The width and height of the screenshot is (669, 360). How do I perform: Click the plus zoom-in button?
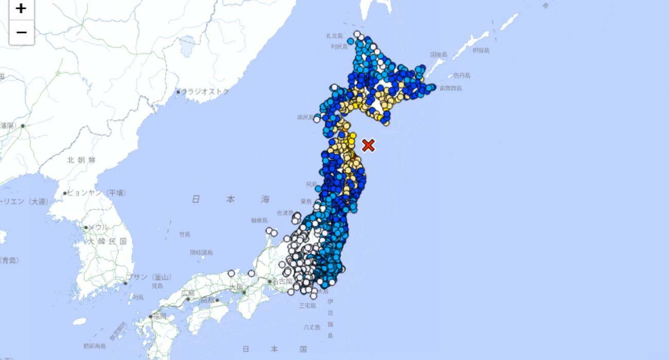coord(21,9)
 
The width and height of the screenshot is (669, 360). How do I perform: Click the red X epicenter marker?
coord(368,146)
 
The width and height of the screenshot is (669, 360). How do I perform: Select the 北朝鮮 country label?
coord(81,160)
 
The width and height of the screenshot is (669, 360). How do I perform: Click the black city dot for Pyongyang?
coord(65,193)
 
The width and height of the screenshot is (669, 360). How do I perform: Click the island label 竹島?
coord(185,235)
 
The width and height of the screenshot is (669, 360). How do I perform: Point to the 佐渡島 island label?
coord(285,212)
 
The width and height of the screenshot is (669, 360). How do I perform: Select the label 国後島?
coord(438,54)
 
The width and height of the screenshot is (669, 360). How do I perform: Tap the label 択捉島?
coord(481,50)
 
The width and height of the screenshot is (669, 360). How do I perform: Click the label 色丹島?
coord(462,76)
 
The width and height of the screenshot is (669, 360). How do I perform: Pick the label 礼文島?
coord(334,35)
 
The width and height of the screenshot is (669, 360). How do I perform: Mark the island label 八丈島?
coord(312,327)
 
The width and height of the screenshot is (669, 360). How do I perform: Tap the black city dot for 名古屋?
coord(269,281)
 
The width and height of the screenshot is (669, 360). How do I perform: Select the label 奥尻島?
coord(305,117)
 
